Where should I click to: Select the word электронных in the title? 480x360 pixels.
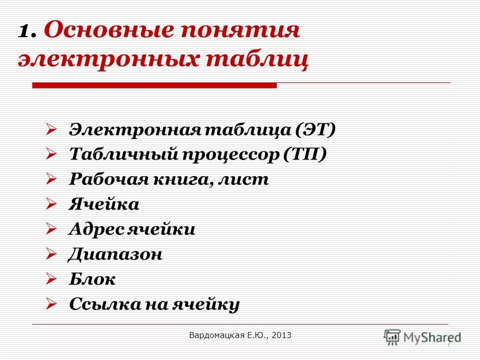(x=107, y=60)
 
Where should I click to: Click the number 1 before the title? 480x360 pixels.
(x=25, y=32)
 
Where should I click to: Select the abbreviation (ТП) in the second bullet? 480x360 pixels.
(x=305, y=154)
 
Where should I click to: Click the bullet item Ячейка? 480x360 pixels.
(x=104, y=204)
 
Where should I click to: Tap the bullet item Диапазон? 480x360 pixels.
(x=115, y=254)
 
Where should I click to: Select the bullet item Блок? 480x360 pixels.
(x=92, y=279)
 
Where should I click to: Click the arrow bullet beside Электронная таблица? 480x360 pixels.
(x=51, y=130)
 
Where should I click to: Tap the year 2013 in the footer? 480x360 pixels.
(x=281, y=334)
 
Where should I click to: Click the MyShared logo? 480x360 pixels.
(x=422, y=336)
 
